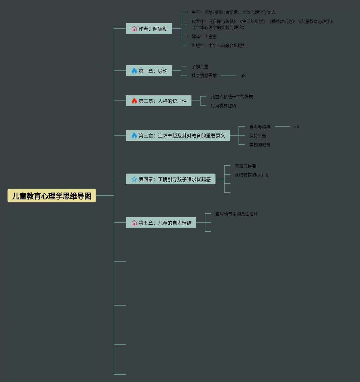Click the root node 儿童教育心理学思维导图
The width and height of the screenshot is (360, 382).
click(52, 196)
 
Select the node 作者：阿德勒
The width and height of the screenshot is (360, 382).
click(149, 29)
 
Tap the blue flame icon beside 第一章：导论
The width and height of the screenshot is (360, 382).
click(134, 71)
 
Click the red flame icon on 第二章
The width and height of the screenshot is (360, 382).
click(134, 101)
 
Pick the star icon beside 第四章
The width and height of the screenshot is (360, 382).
click(134, 179)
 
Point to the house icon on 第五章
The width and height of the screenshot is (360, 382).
click(134, 223)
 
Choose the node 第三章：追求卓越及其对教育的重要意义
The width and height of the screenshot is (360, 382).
click(178, 136)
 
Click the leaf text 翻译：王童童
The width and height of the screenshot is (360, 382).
click(204, 36)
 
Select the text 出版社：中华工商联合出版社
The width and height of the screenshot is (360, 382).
click(219, 45)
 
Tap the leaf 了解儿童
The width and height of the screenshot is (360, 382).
click(200, 66)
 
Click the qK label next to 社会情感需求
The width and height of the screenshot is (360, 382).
click(243, 75)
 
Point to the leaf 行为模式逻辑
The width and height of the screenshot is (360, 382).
click(223, 106)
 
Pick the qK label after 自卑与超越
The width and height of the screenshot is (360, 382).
click(297, 127)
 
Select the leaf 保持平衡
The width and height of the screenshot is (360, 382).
click(258, 136)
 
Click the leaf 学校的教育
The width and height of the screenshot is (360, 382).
click(260, 145)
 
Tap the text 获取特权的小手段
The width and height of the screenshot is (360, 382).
click(252, 175)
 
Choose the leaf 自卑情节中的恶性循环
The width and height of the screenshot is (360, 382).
click(237, 214)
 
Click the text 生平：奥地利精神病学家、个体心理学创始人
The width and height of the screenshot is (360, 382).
click(234, 12)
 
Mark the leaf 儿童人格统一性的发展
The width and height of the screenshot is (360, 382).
click(232, 97)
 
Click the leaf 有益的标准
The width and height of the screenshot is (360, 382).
click(245, 166)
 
